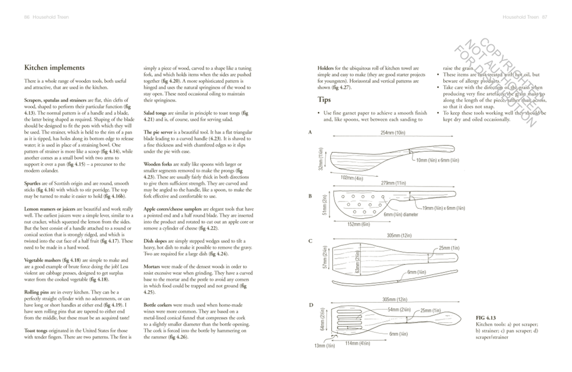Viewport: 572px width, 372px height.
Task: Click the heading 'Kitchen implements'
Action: (54, 68)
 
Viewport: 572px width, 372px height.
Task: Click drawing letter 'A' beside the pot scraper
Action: (310, 132)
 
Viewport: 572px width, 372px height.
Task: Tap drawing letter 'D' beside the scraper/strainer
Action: (310, 305)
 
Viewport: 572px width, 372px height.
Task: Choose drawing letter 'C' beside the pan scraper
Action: (310, 241)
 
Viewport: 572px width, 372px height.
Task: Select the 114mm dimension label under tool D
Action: (359, 343)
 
